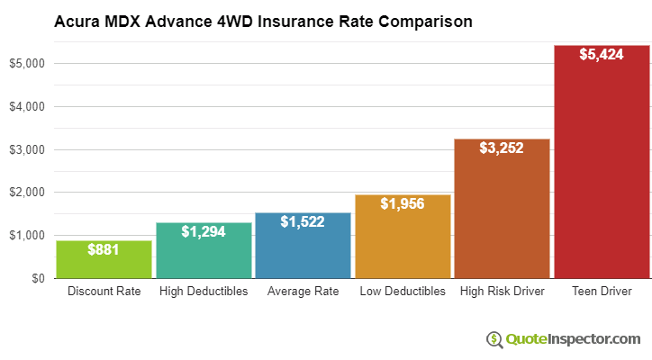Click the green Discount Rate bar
pyautogui.click(x=104, y=260)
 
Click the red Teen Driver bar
pyautogui.click(x=602, y=162)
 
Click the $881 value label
pyautogui.click(x=104, y=249)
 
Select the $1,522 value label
pyautogui.click(x=303, y=221)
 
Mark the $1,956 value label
pyautogui.click(x=403, y=203)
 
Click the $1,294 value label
pyautogui.click(x=204, y=231)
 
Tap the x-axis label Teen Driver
pyautogui.click(x=602, y=292)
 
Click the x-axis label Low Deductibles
pyautogui.click(x=403, y=292)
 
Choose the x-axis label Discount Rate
pyautogui.click(x=104, y=292)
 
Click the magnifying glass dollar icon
pyautogui.click(x=494, y=339)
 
